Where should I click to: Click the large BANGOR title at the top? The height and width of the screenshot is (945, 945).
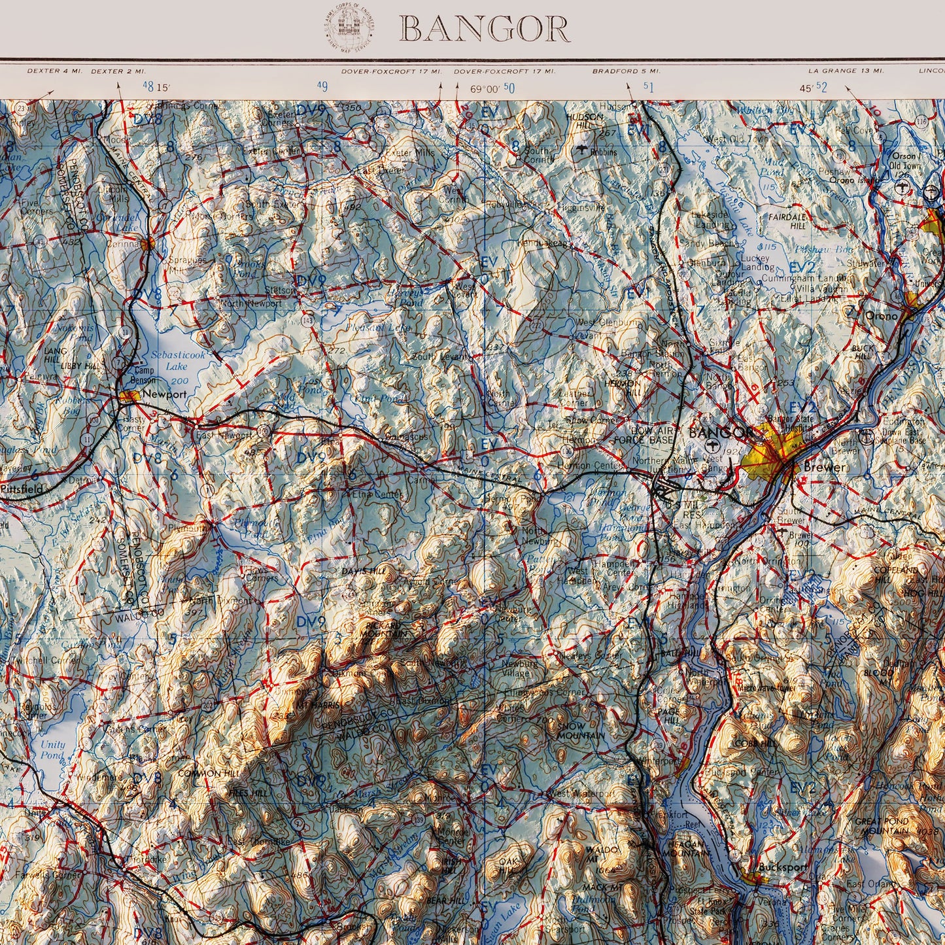coord(484,29)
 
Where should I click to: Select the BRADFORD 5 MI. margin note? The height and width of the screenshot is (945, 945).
coord(626,71)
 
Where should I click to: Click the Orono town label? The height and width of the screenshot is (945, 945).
coord(880,314)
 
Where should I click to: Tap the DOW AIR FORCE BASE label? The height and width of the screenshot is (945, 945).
coord(655,436)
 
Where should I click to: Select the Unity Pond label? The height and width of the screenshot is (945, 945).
coord(52,749)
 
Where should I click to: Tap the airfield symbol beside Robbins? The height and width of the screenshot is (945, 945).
coord(581,151)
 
